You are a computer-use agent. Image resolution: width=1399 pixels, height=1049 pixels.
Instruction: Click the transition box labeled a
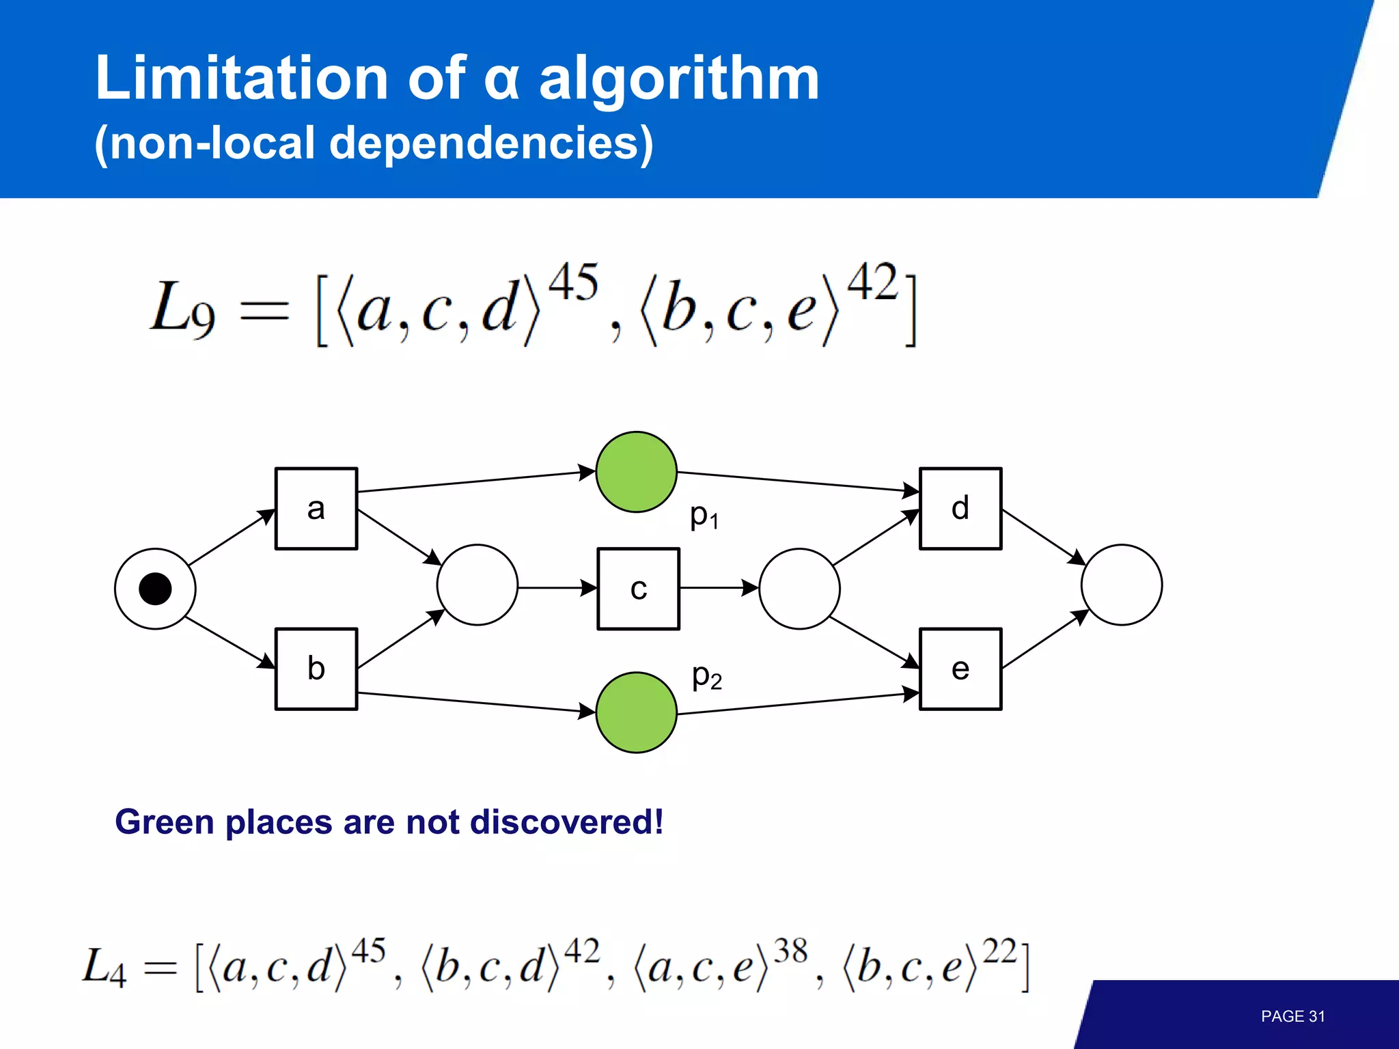[x=316, y=509]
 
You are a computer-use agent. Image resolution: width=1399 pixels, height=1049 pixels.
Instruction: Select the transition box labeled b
[x=316, y=669]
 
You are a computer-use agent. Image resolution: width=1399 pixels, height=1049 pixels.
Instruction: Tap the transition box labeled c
[x=639, y=589]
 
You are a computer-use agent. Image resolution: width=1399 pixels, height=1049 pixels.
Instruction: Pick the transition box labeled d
[x=960, y=509]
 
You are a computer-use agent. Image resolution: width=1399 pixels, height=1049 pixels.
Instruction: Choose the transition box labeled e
[x=960, y=669]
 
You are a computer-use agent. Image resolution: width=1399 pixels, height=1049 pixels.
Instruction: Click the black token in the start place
[x=155, y=589]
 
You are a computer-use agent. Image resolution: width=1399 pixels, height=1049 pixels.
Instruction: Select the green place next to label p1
[x=637, y=472]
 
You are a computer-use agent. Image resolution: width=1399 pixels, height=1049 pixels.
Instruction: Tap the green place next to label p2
[x=637, y=712]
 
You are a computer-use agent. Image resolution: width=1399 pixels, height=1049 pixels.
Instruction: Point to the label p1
[x=704, y=516]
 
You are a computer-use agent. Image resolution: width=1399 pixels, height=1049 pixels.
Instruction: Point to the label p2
[x=707, y=677]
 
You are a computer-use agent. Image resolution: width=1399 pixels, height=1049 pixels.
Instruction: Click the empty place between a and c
[x=477, y=585]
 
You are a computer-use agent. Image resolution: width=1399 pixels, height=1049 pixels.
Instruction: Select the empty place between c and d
[x=799, y=589]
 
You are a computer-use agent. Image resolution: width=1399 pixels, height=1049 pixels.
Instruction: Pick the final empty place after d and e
[x=1122, y=585]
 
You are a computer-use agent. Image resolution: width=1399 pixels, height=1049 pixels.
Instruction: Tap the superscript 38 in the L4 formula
[x=790, y=951]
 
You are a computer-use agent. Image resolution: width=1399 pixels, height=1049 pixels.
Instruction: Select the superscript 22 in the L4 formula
[x=1000, y=951]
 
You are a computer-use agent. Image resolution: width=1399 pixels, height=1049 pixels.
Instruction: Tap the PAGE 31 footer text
[x=1292, y=1016]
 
